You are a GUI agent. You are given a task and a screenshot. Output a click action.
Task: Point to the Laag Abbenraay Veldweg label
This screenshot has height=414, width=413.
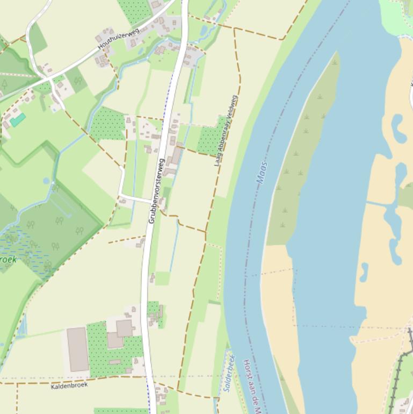[226, 131]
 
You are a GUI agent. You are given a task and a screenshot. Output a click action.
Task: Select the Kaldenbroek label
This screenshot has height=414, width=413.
[69, 386]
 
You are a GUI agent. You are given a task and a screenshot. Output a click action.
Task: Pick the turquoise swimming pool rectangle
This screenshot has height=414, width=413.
[18, 119]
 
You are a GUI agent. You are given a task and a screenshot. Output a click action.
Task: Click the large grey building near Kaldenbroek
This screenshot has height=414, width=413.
[77, 349]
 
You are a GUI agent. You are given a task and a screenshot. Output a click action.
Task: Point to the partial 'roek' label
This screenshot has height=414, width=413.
[8, 260]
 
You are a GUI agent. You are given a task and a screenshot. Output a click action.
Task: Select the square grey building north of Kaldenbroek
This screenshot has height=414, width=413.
[124, 328]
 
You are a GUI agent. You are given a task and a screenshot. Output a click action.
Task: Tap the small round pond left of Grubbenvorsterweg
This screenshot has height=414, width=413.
[46, 181]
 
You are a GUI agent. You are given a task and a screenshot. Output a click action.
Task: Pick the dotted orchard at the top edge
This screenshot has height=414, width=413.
[134, 10]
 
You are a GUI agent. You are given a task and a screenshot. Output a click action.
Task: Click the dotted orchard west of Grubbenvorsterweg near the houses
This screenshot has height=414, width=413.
[108, 124]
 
